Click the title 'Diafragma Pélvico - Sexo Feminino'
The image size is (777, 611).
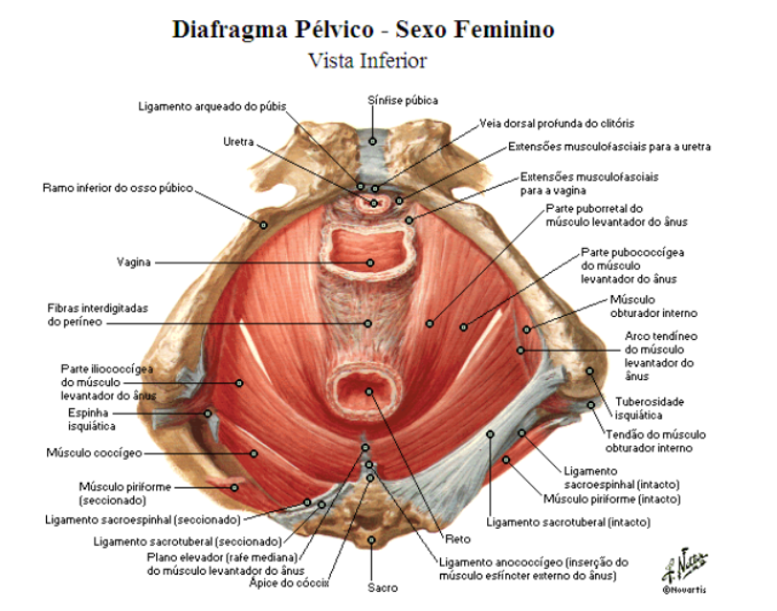pyautogui.click(x=363, y=29)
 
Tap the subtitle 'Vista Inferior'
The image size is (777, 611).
pyautogui.click(x=366, y=59)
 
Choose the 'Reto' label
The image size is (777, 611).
pyautogui.click(x=456, y=537)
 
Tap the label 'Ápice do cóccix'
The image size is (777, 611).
pyautogui.click(x=288, y=581)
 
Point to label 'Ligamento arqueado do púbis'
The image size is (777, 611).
pyautogui.click(x=211, y=106)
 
